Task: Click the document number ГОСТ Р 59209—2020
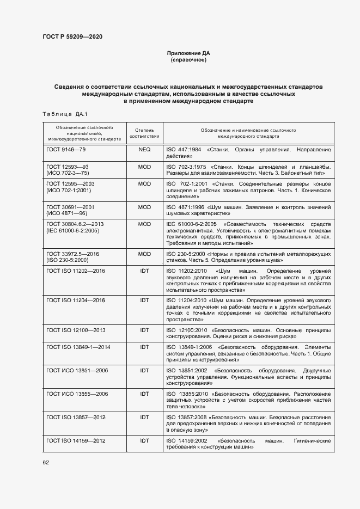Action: coord(72,37)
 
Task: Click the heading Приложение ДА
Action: coord(188,53)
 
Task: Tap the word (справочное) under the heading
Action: coord(188,60)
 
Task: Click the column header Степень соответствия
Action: coord(144,133)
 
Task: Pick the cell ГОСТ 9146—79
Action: coord(66,149)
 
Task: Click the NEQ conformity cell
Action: coord(144,149)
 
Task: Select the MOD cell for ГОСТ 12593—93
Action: coord(144,167)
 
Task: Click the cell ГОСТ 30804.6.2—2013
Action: coord(75,224)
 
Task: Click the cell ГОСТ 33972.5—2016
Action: coord(73,254)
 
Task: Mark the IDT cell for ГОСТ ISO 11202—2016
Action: coord(144,271)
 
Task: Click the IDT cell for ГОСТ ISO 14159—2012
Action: coord(144,440)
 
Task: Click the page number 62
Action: coord(46,462)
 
